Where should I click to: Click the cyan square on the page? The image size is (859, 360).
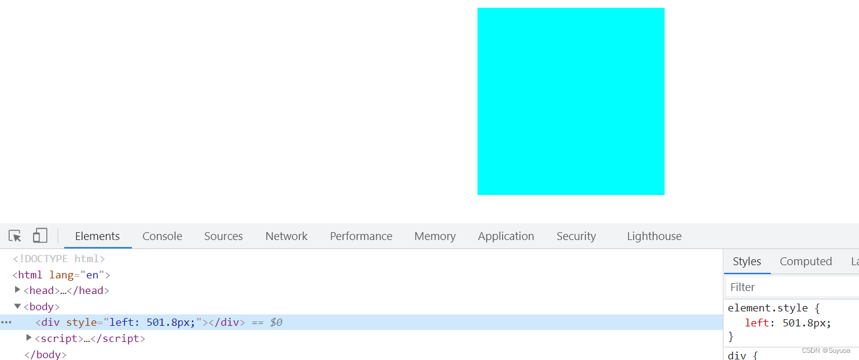click(571, 101)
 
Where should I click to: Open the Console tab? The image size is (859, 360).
click(162, 236)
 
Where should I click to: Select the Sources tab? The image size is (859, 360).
click(224, 236)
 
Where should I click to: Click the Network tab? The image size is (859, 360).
click(287, 236)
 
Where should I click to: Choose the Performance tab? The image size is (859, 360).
click(361, 236)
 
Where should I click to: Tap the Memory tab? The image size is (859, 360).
click(435, 236)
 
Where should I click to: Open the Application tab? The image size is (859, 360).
click(506, 236)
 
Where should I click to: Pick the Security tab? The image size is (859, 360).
click(576, 236)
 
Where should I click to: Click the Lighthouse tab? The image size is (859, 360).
click(654, 236)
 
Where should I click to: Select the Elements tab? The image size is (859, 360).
click(97, 236)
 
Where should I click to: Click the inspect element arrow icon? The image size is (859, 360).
click(15, 236)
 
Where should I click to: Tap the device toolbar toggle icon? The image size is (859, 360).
click(40, 235)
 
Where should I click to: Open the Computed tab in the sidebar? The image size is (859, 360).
click(806, 262)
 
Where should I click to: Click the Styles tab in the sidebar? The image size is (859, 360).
click(747, 262)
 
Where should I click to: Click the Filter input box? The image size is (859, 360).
click(792, 287)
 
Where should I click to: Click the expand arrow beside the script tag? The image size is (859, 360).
click(28, 337)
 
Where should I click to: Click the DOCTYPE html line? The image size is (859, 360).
click(59, 259)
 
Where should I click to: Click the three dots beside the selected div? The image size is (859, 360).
click(6, 322)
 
